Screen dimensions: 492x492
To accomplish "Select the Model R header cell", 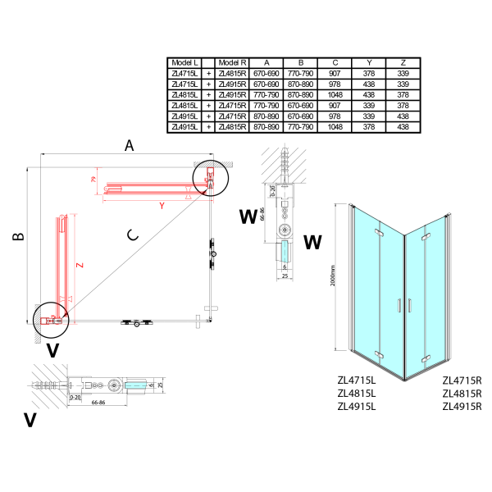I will click(233, 62).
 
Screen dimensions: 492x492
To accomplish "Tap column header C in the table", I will click(335, 62).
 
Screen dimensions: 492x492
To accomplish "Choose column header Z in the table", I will click(403, 62).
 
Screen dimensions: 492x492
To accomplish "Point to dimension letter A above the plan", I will click(129, 145).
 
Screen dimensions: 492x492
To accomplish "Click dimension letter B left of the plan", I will click(17, 237).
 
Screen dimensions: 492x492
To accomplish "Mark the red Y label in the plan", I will click(161, 204).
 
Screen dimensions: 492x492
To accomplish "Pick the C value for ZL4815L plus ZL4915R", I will click(335, 94).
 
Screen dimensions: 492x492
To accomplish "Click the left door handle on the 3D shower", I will click(396, 307).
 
